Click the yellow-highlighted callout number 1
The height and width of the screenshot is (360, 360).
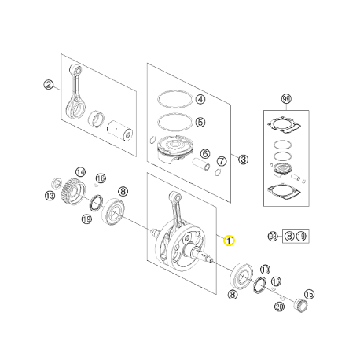coord(229,240)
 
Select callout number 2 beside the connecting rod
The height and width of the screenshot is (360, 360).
coord(48,85)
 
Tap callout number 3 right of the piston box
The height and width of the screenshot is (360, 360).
coord(244,159)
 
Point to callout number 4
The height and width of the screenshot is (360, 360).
coord(200,100)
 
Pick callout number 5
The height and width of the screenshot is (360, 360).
coord(200,122)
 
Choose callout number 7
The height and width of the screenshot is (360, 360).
coord(222,160)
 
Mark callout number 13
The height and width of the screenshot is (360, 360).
coord(50,196)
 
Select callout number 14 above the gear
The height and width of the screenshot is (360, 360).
coord(80,171)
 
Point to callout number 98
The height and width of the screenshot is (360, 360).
coord(273,236)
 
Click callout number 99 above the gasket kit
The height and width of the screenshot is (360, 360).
coord(285,99)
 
